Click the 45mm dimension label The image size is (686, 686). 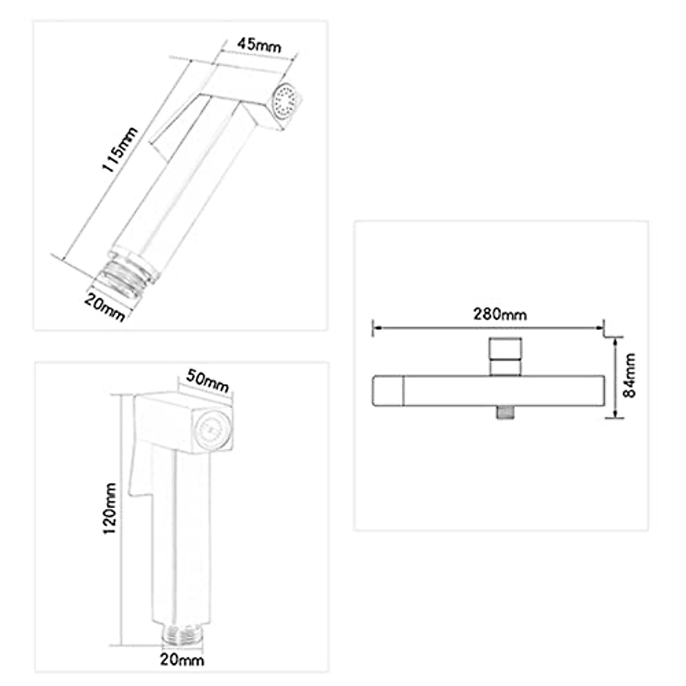tap(260, 45)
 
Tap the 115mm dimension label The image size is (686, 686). tap(119, 150)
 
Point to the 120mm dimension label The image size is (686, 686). tap(110, 508)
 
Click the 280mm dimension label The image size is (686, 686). tap(499, 314)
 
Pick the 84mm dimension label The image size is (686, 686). tap(629, 375)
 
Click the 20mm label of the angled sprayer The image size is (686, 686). tap(105, 306)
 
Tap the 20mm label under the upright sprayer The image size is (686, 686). tap(182, 660)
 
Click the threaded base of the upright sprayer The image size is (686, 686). tap(181, 635)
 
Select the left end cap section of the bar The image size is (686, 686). tap(388, 391)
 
